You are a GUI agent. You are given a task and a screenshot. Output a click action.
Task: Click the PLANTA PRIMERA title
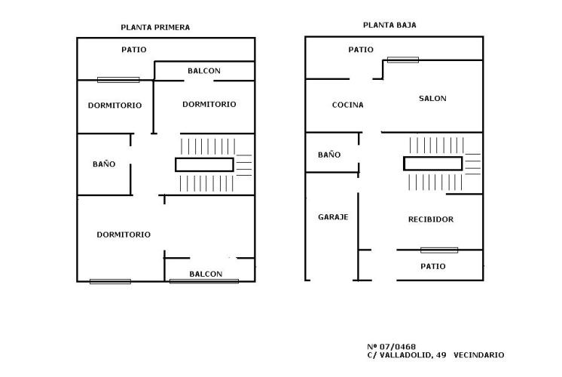pyautogui.click(x=155, y=27)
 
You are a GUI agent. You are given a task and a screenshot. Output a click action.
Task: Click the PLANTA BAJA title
pyautogui.click(x=389, y=25)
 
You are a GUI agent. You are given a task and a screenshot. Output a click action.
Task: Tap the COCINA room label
pyautogui.click(x=347, y=105)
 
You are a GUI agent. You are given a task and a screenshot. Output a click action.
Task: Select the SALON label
pyautogui.click(x=432, y=98)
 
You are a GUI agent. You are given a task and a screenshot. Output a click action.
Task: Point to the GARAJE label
pyautogui.click(x=333, y=216)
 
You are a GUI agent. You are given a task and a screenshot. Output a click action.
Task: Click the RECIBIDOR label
pyautogui.click(x=431, y=219)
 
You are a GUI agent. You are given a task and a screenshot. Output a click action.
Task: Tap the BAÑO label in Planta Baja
pyautogui.click(x=329, y=155)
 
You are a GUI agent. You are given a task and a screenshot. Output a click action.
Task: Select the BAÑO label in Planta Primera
pyautogui.click(x=104, y=164)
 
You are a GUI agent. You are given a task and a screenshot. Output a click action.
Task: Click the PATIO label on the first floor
pyautogui.click(x=133, y=50)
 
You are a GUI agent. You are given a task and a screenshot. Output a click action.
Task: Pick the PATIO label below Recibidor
pyautogui.click(x=433, y=266)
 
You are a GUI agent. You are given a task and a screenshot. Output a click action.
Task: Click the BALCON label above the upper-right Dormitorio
pyautogui.click(x=204, y=71)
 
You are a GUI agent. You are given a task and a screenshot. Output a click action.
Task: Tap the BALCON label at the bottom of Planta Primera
pyautogui.click(x=206, y=274)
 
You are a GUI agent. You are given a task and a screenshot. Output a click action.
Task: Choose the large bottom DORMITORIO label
pyautogui.click(x=124, y=234)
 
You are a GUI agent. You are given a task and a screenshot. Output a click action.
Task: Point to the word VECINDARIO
pyautogui.click(x=479, y=355)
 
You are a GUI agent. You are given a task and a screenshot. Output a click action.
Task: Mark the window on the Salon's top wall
pyautogui.click(x=403, y=60)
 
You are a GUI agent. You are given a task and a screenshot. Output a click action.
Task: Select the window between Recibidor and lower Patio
pyautogui.click(x=439, y=250)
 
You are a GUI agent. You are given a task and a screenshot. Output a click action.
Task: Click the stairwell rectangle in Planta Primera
pyautogui.click(x=204, y=164)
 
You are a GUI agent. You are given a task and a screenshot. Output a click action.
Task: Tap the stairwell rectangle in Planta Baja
pyautogui.click(x=432, y=163)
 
